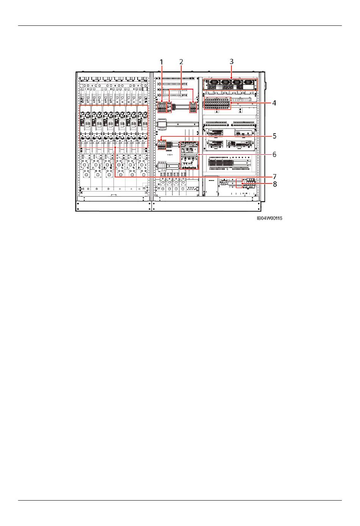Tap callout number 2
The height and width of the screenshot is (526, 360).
click(181, 61)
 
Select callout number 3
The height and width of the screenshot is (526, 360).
click(231, 61)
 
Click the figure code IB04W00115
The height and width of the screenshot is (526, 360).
click(269, 218)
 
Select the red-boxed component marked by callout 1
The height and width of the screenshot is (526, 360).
click(162, 107)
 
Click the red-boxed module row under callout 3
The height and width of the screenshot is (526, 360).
click(230, 85)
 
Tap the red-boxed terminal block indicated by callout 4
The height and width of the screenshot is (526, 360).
click(218, 103)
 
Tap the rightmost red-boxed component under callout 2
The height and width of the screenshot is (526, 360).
click(194, 107)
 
